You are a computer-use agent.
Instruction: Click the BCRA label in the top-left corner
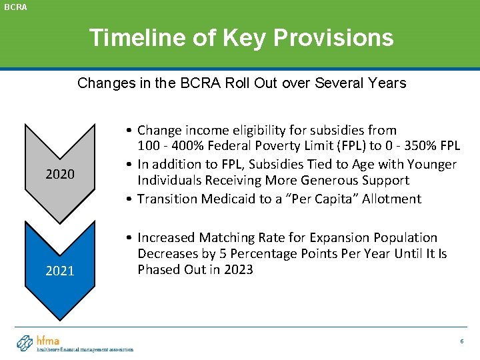point(14,7)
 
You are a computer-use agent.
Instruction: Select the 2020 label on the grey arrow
point(59,175)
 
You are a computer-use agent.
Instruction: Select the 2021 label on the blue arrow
point(59,271)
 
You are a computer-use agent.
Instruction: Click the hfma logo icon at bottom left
point(25,343)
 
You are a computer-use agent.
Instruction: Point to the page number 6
point(461,341)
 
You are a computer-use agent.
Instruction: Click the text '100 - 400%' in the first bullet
point(167,147)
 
